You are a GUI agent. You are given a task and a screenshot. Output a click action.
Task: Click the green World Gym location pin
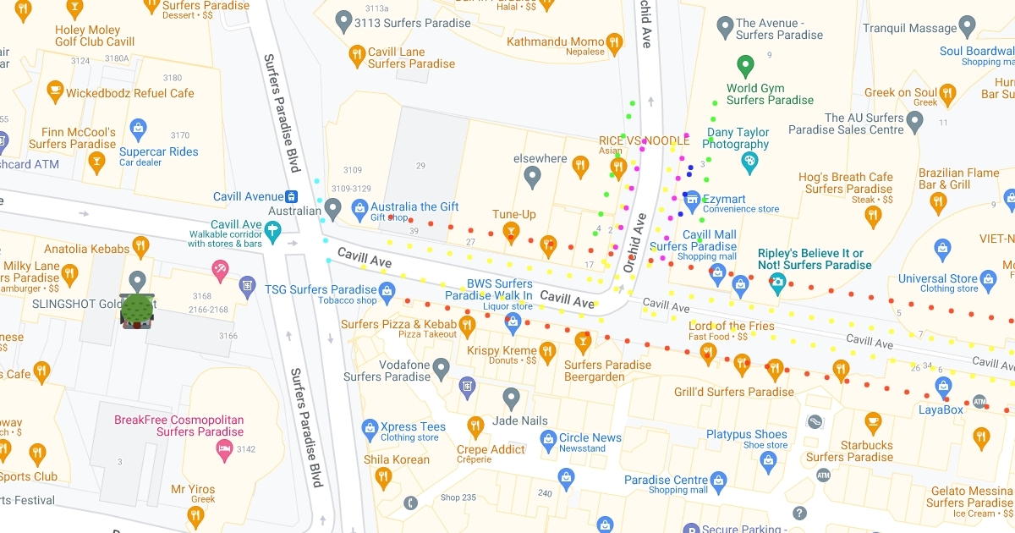click(745, 65)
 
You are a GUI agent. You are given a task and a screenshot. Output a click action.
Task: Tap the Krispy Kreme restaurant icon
click(547, 350)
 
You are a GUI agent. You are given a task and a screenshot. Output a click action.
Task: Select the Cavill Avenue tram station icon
click(290, 196)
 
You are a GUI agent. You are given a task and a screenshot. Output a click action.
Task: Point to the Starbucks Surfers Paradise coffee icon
click(873, 421)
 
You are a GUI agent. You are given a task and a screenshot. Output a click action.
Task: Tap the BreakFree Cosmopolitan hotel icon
click(224, 448)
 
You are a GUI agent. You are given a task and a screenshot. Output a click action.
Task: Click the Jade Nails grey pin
click(511, 398)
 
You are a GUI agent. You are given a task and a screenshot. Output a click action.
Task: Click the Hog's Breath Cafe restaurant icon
click(873, 216)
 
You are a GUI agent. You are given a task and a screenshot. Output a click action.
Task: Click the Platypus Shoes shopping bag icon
click(767, 460)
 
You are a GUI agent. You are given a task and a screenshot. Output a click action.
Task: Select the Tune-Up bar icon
click(511, 230)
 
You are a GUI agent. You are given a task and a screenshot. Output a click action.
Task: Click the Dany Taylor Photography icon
click(749, 161)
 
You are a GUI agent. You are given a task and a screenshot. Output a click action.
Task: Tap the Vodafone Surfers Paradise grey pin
click(441, 368)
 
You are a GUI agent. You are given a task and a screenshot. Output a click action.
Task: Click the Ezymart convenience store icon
click(692, 199)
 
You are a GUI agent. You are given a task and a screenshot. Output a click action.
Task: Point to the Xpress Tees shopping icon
click(370, 428)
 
